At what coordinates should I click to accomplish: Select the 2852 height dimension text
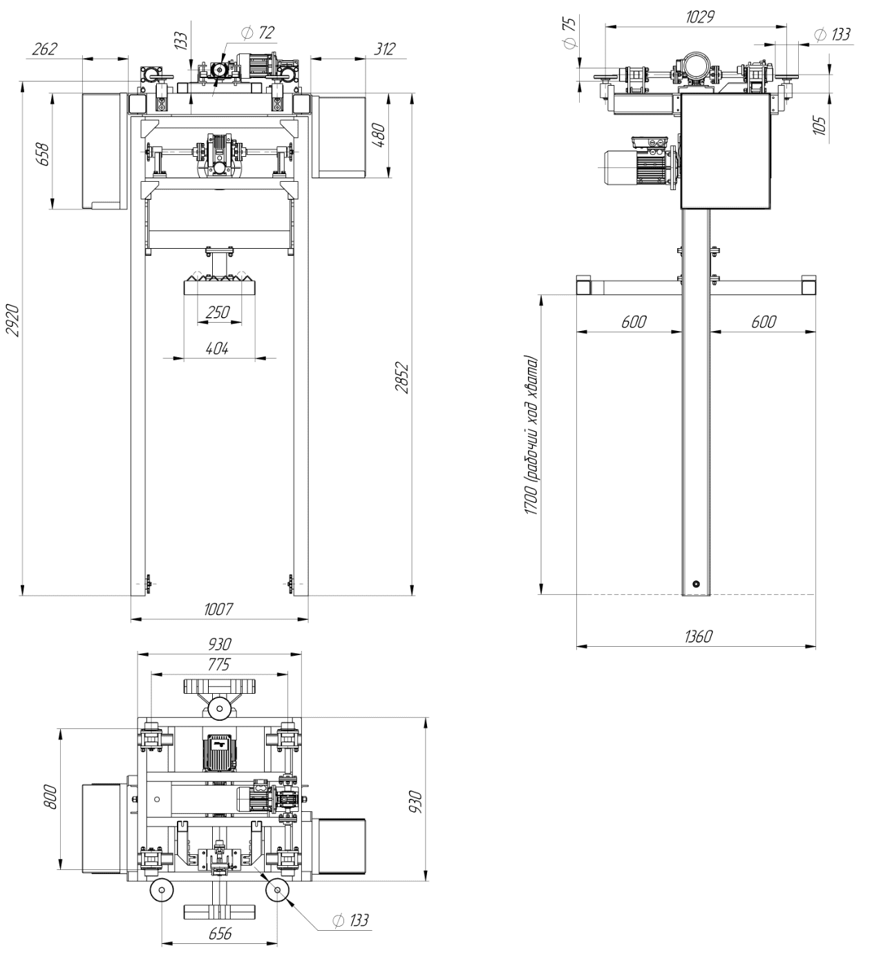(x=402, y=379)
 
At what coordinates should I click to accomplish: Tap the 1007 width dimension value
(x=218, y=609)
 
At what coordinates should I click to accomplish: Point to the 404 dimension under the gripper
(x=217, y=348)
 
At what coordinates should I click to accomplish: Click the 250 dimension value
(x=218, y=312)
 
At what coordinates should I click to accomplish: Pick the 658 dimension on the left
(x=42, y=153)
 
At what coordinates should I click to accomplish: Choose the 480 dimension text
(x=379, y=135)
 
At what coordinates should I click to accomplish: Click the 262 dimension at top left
(x=45, y=48)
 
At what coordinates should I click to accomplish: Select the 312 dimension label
(x=385, y=48)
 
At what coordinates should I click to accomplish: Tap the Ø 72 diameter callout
(x=258, y=32)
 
